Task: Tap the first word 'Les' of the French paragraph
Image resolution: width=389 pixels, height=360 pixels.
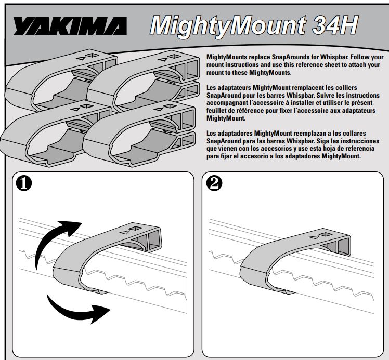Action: (213, 89)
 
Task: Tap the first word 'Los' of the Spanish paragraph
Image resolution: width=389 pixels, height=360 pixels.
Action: (213, 135)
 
